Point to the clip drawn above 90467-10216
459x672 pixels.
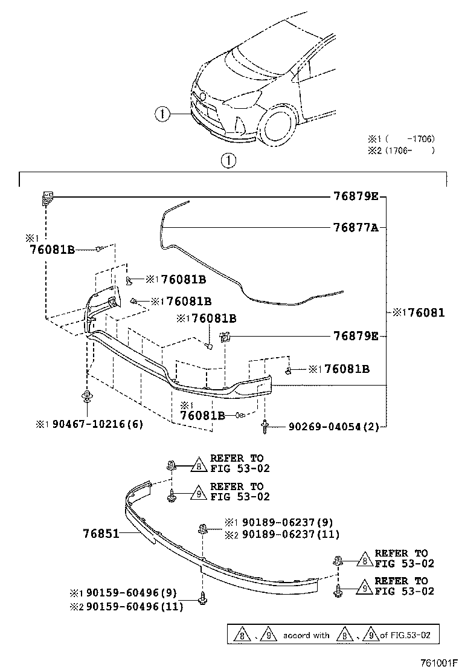88,397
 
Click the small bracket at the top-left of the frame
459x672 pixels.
47,197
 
